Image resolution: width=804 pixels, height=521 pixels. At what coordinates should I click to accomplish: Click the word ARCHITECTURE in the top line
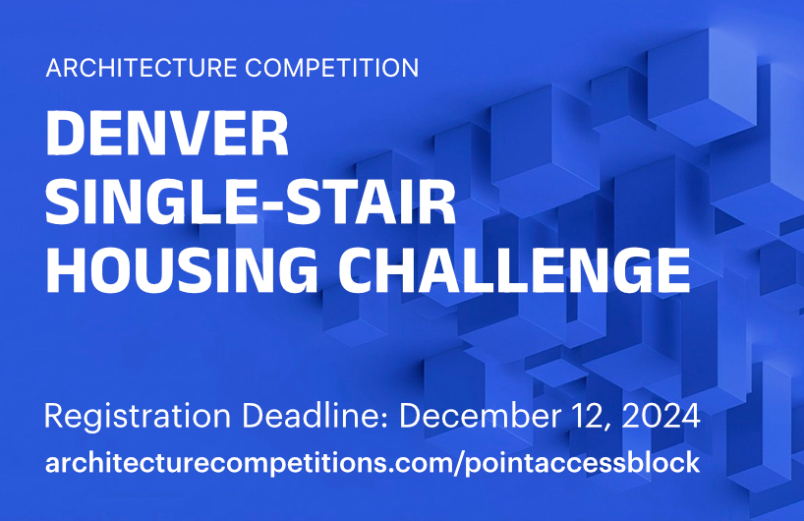142,68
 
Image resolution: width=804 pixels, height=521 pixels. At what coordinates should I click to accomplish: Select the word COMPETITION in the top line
332,68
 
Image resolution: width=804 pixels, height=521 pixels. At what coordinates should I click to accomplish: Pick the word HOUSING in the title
182,269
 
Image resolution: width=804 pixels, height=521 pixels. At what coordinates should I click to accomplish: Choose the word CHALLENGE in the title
514,269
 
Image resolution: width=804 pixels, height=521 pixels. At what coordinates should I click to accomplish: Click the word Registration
138,417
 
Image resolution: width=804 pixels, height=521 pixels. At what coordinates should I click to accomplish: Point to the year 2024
661,416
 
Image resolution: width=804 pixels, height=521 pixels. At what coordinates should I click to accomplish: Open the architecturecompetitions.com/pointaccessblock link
373,463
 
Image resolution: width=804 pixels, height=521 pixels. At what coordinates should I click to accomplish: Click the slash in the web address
457,464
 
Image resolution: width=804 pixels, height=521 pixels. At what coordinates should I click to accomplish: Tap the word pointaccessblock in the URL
583,464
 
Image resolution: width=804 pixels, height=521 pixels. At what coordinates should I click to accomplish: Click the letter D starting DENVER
66,134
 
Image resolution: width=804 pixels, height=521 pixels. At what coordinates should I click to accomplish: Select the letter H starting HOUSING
66,270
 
